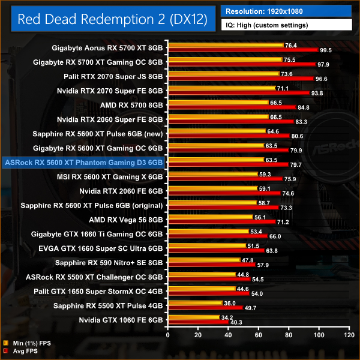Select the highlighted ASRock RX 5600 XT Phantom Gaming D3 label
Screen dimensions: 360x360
tap(83, 162)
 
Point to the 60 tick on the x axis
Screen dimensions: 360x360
tap(259, 333)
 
